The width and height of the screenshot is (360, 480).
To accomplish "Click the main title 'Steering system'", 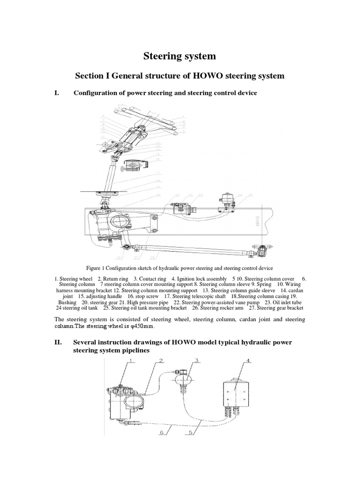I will pos(180,56).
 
